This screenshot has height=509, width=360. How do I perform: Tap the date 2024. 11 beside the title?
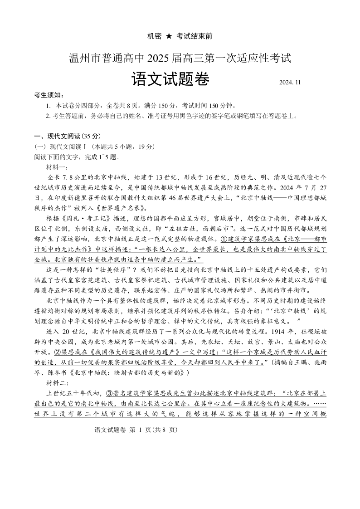pyautogui.click(x=291, y=83)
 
